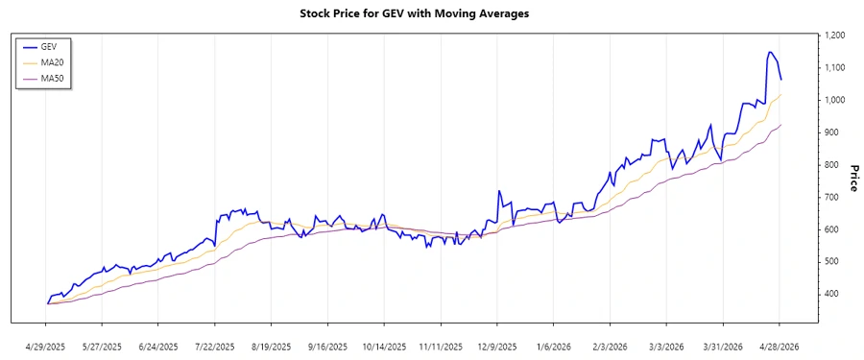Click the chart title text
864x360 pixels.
pyautogui.click(x=427, y=14)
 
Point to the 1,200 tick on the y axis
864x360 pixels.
pyautogui.click(x=833, y=36)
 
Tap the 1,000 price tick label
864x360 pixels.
pyautogui.click(x=833, y=100)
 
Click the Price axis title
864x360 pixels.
pyautogui.click(x=852, y=179)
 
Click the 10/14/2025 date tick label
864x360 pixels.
pyautogui.click(x=384, y=347)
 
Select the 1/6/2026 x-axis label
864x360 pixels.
pyautogui.click(x=553, y=347)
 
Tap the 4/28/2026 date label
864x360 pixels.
pyautogui.click(x=779, y=347)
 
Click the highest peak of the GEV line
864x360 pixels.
pyautogui.click(x=770, y=52)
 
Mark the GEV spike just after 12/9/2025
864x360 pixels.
pyautogui.click(x=499, y=191)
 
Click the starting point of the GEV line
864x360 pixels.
pyautogui.click(x=47, y=303)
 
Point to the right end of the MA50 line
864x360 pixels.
pyautogui.click(x=781, y=125)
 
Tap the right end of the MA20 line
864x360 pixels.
pyautogui.click(x=781, y=94)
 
